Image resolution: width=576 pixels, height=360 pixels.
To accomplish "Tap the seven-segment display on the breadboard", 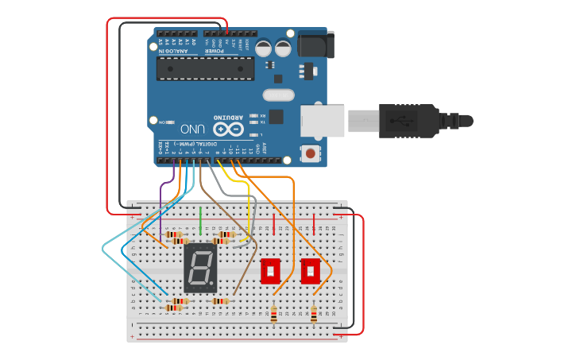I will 201,268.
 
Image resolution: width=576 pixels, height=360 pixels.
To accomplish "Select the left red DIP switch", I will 272,270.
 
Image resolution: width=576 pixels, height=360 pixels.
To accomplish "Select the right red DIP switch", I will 311,270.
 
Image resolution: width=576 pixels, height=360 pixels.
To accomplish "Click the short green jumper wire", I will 201,219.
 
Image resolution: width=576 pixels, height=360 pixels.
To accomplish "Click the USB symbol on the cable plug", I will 406,121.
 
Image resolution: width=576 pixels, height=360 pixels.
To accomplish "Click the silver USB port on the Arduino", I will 323,120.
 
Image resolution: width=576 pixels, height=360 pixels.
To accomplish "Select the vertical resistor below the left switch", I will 275,315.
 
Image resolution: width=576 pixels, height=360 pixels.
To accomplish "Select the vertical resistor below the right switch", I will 314,315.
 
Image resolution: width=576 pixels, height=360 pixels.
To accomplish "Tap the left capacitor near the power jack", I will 263,48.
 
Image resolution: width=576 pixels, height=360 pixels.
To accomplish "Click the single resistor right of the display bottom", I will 220,302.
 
